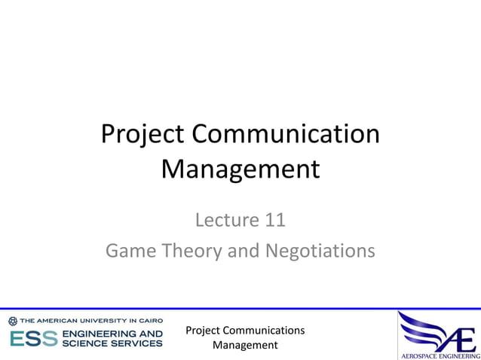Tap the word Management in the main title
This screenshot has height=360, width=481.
(240, 169)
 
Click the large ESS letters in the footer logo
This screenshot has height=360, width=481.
(33, 338)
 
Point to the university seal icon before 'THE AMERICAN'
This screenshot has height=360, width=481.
(13, 321)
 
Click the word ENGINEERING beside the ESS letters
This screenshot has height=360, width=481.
(101, 333)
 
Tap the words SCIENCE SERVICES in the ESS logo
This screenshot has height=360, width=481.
(112, 343)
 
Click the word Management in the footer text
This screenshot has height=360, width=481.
(245, 345)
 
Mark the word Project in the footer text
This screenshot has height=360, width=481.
(204, 331)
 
